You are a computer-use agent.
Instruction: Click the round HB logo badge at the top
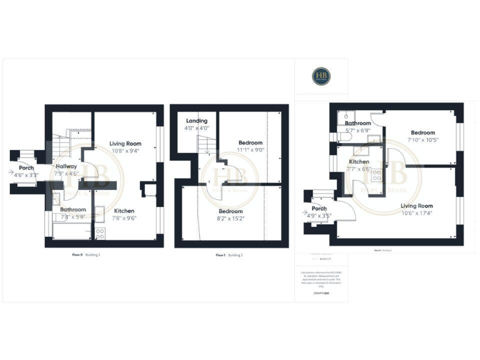pos(322,76)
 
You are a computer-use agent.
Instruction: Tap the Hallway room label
pos(66,166)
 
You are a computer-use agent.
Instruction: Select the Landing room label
pos(196,121)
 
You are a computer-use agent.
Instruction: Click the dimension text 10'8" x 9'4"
pos(125,151)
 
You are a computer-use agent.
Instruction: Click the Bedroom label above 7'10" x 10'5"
pos(422,132)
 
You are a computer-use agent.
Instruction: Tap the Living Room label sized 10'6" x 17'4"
pos(417,206)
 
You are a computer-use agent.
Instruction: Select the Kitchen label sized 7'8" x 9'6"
pos(126,211)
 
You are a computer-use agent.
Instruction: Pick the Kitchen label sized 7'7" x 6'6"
pos(359,161)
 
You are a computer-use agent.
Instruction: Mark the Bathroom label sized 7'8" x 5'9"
pos(72,209)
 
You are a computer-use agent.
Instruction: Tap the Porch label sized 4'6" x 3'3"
pos(26,167)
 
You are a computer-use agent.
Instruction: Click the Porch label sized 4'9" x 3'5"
pos(319,209)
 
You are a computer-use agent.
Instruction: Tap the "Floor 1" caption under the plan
pos(220,255)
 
